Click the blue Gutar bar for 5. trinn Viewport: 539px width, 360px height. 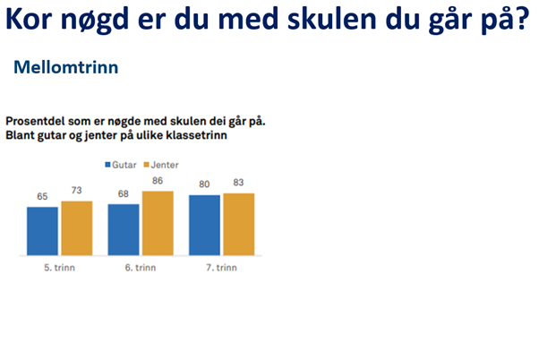click(x=43, y=231)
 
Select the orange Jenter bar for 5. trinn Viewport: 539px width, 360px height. click(x=77, y=228)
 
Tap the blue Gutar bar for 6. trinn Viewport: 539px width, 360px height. click(x=124, y=229)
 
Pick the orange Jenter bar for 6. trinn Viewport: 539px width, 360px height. click(x=158, y=223)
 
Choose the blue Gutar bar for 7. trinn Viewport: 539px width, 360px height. click(x=204, y=225)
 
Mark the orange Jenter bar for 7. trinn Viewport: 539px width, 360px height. click(x=239, y=224)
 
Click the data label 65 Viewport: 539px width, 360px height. click(x=42, y=196)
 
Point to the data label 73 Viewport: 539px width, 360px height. click(x=77, y=190)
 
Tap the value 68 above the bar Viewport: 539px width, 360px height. click(x=124, y=194)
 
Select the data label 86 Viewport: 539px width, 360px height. click(x=158, y=181)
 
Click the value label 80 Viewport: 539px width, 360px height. click(x=204, y=184)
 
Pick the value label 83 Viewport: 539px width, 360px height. click(x=238, y=182)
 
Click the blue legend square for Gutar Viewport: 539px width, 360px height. click(x=107, y=165)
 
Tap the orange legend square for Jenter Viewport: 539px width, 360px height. click(x=147, y=165)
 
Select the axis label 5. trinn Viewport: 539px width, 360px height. click(x=59, y=268)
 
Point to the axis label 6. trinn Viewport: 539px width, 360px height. click(x=141, y=268)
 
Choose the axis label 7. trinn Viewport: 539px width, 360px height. click(x=222, y=268)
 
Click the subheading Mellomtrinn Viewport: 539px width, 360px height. click(x=66, y=67)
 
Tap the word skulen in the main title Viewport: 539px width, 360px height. click(x=332, y=20)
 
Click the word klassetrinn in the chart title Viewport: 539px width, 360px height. click(x=197, y=135)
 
